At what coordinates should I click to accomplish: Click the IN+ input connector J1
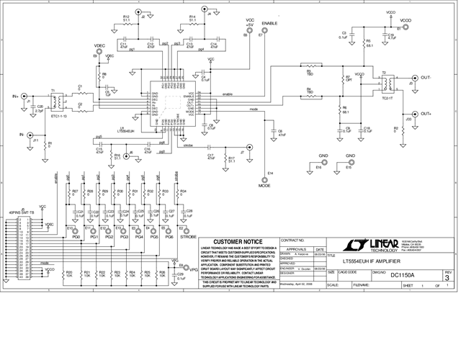pyautogui.click(x=25, y=96)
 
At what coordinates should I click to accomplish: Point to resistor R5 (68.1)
pyautogui.click(x=368, y=42)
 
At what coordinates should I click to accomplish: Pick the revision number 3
pyautogui.click(x=447, y=276)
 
